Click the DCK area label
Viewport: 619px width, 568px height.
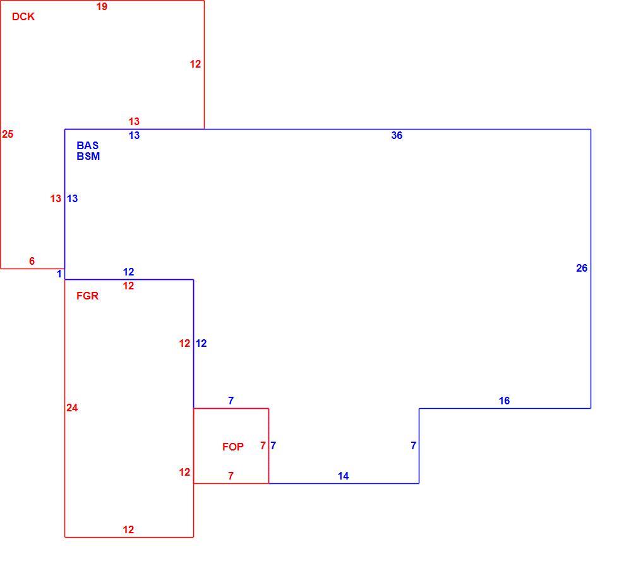[23, 16]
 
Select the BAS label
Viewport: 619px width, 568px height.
[88, 145]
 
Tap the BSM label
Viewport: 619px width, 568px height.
[88, 157]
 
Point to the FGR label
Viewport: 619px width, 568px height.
[87, 296]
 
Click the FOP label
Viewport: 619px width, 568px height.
[233, 447]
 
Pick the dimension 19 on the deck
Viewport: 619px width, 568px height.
[102, 6]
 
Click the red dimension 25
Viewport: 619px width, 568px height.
[8, 135]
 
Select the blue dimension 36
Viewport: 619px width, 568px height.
[397, 135]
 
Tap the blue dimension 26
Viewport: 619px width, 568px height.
[582, 268]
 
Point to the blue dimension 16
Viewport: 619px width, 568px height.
[504, 401]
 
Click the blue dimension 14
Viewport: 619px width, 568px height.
[343, 476]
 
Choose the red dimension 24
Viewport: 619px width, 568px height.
[72, 408]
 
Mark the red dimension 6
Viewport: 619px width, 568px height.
[32, 261]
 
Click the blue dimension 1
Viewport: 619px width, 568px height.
[59, 274]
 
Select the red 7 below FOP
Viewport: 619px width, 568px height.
[231, 476]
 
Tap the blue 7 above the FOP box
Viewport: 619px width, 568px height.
[231, 401]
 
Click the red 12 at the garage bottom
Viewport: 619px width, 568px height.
[128, 529]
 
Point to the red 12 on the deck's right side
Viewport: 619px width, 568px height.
[195, 64]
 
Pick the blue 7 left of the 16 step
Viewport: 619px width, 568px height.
[413, 446]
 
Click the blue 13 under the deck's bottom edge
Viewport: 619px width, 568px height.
[134, 135]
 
